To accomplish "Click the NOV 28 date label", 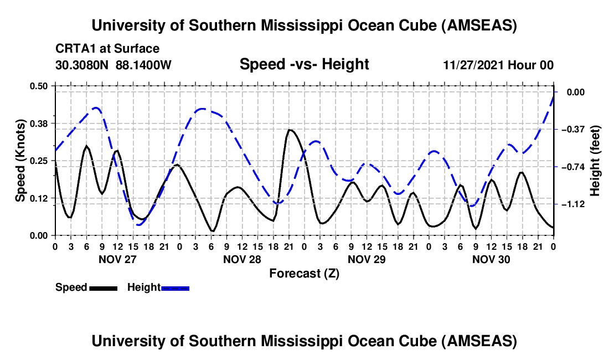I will point(242,259).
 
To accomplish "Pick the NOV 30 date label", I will point(491,259).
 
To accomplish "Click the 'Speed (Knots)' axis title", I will point(20,161).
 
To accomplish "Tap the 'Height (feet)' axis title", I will point(595,161).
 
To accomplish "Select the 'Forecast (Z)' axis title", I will point(304,273).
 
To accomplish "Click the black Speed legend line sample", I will point(103,287).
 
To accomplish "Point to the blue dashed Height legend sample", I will point(176,287).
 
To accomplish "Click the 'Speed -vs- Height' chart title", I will point(304,64).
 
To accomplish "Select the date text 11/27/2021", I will point(472,65).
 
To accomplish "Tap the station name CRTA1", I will point(73,49).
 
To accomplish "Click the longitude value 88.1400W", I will point(143,65).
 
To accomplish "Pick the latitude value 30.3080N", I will point(83,65).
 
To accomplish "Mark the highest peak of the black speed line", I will point(290,130).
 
